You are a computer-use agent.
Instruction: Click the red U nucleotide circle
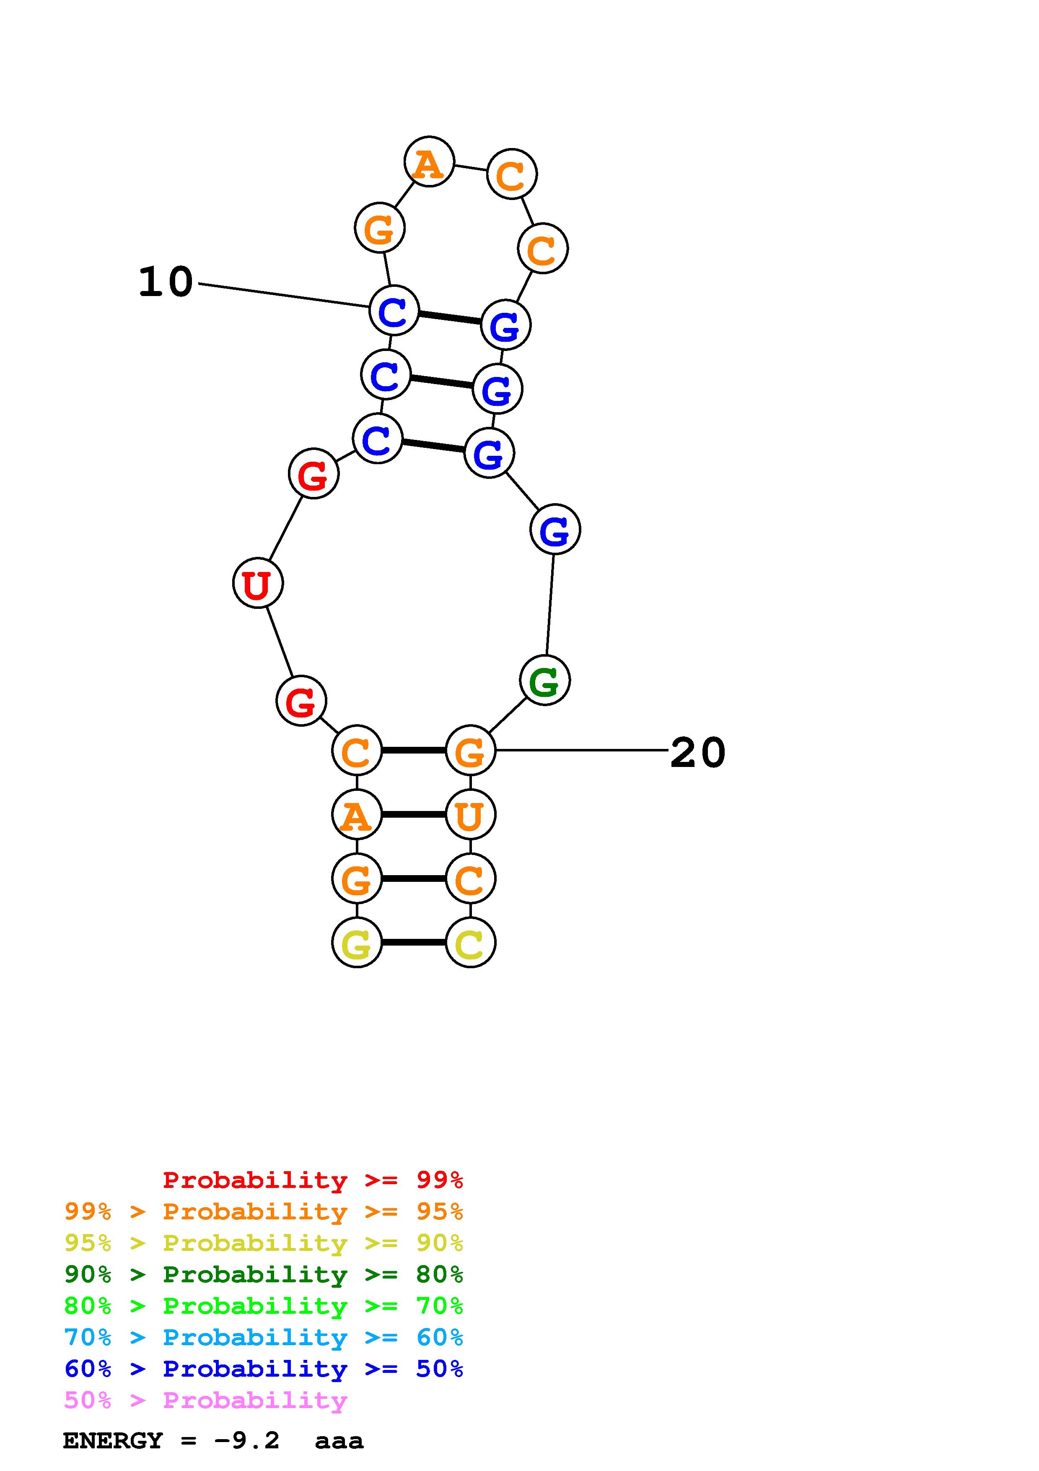[257, 583]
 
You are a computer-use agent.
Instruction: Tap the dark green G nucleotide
[545, 681]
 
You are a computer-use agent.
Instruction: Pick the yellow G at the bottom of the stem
[357, 943]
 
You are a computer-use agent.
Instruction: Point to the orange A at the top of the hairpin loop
[429, 162]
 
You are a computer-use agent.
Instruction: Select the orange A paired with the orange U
[357, 814]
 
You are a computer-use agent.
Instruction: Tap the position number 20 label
[698, 752]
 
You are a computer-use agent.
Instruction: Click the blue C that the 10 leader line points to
[394, 311]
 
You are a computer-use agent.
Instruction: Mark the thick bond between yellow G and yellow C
[414, 943]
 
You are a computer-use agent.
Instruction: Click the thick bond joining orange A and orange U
[414, 814]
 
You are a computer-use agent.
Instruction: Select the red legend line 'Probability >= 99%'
[312, 1180]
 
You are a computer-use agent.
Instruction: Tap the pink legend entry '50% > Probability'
[205, 1401]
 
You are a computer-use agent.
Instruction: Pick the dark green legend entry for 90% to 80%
[264, 1274]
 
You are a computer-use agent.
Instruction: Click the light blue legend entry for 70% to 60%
[264, 1338]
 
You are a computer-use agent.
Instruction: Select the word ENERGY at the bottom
[113, 1441]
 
